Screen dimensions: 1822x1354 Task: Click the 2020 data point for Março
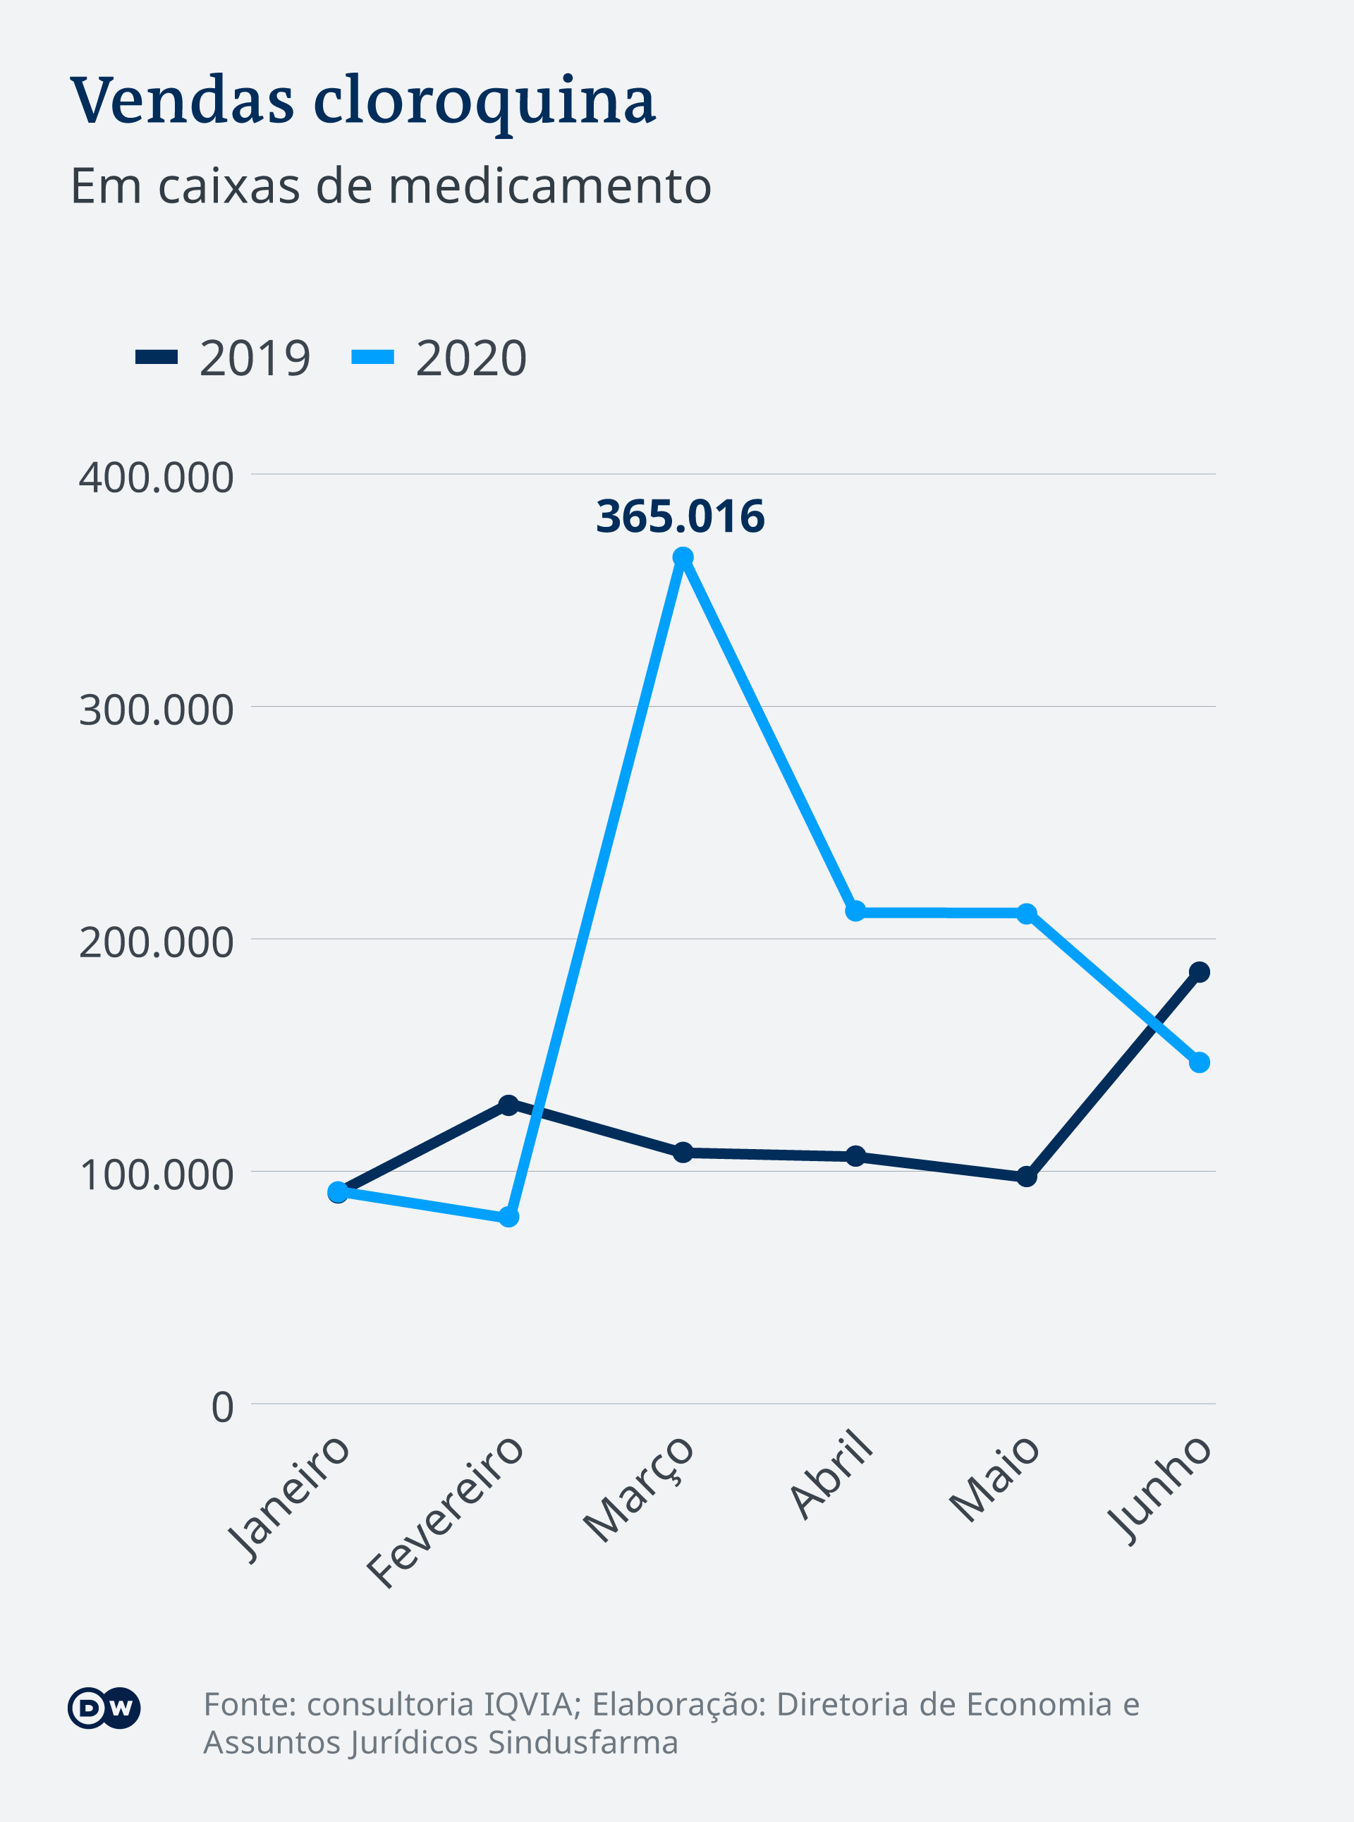click(683, 557)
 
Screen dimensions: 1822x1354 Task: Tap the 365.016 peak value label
click(681, 516)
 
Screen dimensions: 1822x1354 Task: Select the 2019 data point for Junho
click(1199, 972)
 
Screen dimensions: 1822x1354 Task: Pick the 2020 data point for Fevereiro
click(509, 1217)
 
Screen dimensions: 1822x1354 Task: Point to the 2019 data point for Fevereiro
click(509, 1105)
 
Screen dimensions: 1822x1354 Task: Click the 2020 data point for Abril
click(855, 911)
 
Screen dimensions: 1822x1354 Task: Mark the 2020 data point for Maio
click(1027, 913)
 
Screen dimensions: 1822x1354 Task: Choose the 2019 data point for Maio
click(1027, 1177)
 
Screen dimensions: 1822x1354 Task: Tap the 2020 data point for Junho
click(1199, 1063)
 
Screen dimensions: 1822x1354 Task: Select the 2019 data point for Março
click(683, 1153)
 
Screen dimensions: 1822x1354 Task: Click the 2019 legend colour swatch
click(157, 358)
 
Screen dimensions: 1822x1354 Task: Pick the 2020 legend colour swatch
click(373, 358)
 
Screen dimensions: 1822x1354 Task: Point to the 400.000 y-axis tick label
click(156, 477)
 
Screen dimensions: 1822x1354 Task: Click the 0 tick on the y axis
click(222, 1407)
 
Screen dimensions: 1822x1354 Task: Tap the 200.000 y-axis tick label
click(156, 942)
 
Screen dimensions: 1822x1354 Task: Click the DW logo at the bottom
click(104, 1708)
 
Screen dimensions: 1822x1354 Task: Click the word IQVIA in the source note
click(527, 1704)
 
